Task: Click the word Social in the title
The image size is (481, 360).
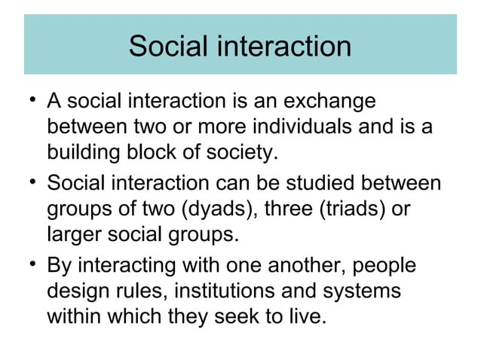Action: point(168,46)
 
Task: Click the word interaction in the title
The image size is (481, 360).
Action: point(284,46)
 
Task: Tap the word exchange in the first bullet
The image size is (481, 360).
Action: point(326,101)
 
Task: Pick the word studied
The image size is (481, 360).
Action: point(317,183)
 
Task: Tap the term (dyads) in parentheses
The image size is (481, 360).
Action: point(227,210)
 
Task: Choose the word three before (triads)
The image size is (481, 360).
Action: point(303,210)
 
